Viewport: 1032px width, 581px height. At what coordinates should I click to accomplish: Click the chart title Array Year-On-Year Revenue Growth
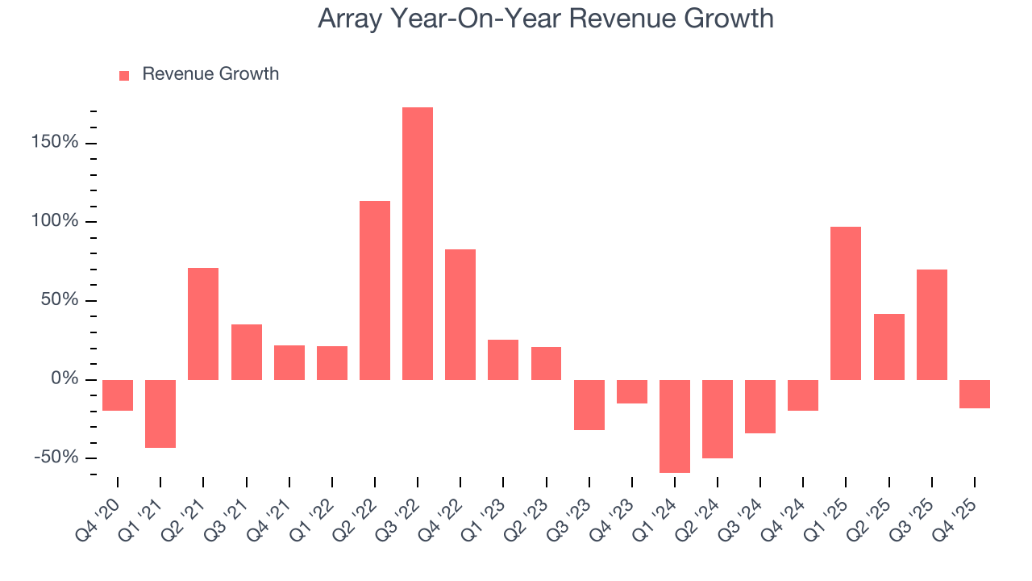click(545, 19)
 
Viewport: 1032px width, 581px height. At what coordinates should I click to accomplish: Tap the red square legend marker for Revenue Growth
click(124, 75)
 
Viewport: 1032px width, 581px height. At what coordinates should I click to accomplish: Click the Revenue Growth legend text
click(210, 74)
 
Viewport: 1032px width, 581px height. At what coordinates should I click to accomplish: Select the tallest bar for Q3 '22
click(418, 243)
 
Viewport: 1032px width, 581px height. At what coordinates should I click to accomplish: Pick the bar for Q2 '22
click(375, 290)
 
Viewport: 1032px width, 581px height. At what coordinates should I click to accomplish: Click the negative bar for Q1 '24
click(675, 426)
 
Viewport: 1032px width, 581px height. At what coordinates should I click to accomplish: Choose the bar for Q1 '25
click(846, 303)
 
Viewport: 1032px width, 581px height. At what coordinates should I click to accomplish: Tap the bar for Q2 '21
click(203, 324)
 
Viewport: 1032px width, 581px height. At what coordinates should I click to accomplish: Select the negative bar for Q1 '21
click(160, 413)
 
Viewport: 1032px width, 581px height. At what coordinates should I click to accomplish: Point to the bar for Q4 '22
click(460, 314)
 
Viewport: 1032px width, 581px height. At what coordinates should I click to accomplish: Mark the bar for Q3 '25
click(932, 324)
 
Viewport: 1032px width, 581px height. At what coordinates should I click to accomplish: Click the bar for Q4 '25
click(975, 394)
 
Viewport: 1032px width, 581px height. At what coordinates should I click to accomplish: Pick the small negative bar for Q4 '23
click(632, 391)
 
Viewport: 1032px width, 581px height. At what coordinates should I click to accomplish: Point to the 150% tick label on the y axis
click(56, 143)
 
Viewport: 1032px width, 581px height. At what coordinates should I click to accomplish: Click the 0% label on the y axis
click(65, 379)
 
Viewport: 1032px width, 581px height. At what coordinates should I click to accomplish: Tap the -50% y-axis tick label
click(58, 458)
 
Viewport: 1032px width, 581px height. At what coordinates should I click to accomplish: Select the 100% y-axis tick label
click(56, 221)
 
